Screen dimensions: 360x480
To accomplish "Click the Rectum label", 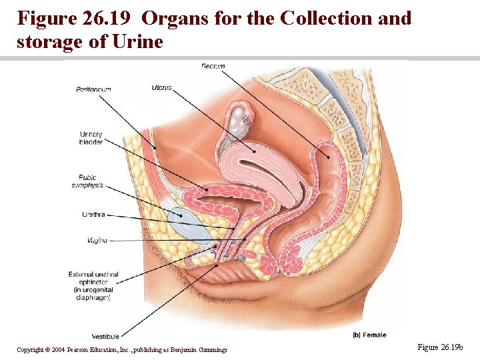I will point(213,66).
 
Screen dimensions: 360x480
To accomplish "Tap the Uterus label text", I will point(161,87).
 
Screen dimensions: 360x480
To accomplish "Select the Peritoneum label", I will point(93,89).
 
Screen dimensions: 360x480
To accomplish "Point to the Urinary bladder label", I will point(91,138).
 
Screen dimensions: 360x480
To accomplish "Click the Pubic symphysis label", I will point(87,181).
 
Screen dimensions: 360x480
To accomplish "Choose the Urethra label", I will point(93,215).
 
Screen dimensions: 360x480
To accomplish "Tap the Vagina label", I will point(97,240).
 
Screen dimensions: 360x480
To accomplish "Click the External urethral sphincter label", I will point(93,286).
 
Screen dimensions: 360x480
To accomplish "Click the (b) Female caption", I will point(369,335).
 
